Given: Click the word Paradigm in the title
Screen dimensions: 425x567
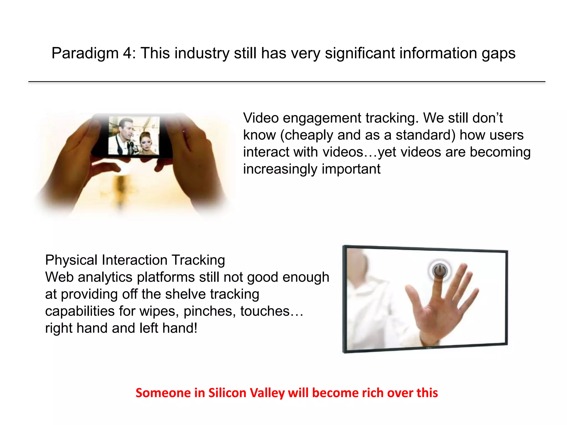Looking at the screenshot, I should click(85, 53).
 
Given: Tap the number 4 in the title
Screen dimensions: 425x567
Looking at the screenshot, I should click(128, 53).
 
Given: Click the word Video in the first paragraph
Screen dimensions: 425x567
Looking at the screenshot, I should click(261, 118).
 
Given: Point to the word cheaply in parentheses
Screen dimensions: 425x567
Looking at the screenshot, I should click(309, 135).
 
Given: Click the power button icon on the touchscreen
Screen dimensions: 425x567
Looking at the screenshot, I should click(439, 270).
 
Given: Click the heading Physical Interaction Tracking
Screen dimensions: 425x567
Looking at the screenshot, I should click(135, 260).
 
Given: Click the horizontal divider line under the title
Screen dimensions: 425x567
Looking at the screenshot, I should click(287, 82).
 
